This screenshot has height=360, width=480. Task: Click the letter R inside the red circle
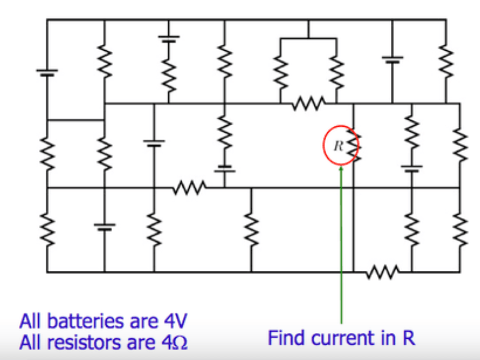tap(338, 146)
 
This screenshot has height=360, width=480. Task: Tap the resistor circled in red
tap(354, 145)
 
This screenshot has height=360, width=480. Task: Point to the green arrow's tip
tap(341, 166)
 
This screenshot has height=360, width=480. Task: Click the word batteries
tap(86, 321)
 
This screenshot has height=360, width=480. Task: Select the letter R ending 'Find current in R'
tap(409, 338)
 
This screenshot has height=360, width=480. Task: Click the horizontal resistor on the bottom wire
tap(382, 272)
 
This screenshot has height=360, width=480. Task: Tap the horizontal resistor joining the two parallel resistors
tap(308, 103)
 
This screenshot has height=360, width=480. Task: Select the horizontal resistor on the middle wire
tap(189, 188)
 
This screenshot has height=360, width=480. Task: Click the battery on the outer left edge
tap(47, 73)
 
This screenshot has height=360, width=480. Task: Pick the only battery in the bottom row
tap(104, 227)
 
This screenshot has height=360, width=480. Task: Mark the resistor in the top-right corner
tap(446, 61)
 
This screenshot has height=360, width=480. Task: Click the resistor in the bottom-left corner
tap(47, 229)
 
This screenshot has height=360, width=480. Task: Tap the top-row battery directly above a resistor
tap(169, 38)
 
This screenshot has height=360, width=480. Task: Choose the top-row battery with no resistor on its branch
tap(393, 59)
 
